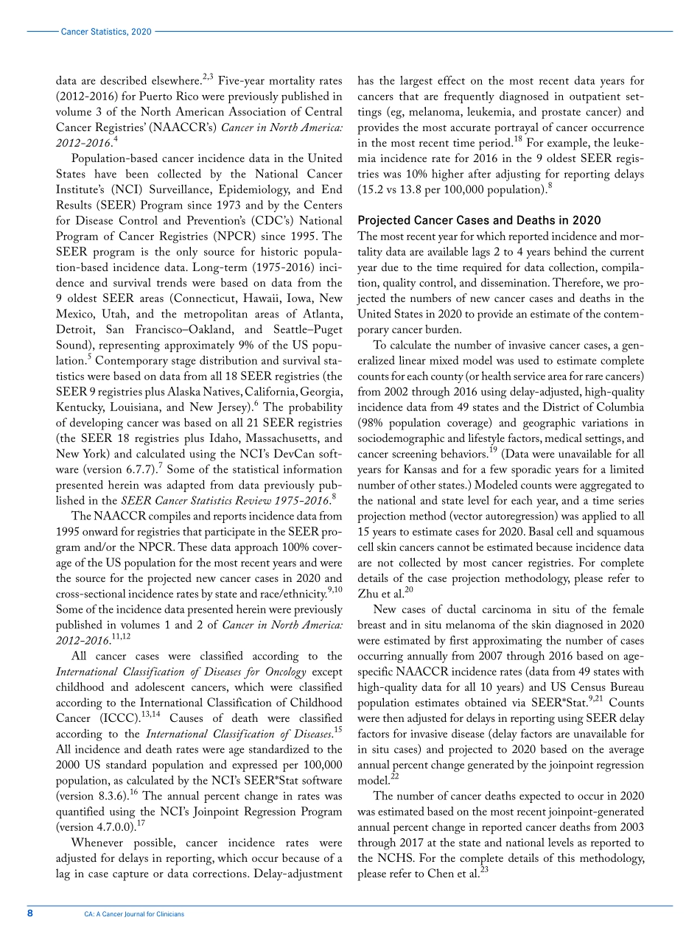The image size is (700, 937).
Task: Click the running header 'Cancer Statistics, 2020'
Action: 106,32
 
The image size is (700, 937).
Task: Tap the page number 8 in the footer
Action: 30,913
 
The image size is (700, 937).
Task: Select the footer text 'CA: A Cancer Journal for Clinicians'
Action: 134,914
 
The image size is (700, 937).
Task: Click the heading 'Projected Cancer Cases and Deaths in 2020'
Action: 478,220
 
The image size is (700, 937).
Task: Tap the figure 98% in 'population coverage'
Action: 373,423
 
